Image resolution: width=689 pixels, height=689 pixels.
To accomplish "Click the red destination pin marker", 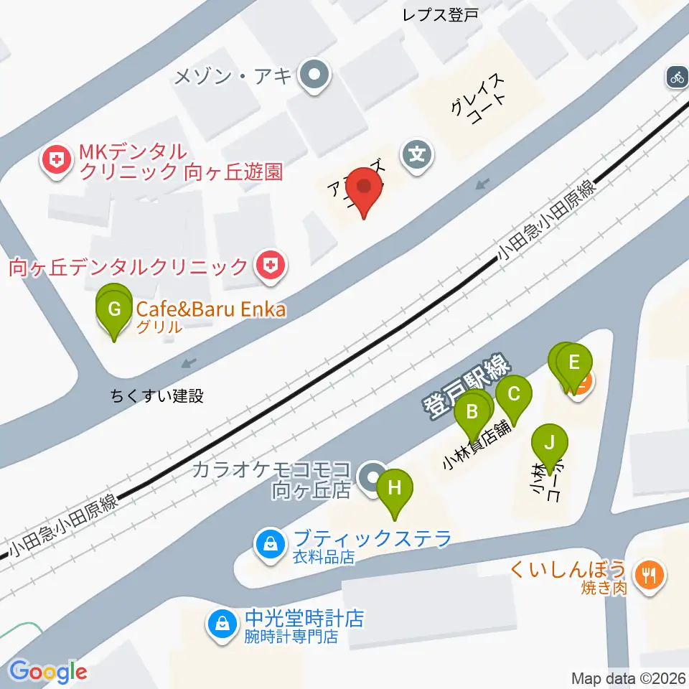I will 365,189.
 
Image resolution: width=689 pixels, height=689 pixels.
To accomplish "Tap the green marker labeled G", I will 114,311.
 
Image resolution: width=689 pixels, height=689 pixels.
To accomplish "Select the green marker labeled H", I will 395,490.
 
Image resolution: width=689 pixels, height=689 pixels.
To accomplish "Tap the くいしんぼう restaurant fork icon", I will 649,574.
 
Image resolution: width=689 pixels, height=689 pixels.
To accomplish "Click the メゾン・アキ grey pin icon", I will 314,75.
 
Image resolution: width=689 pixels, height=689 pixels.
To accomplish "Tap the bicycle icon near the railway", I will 677,76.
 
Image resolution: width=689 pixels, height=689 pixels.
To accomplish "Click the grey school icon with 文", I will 417,153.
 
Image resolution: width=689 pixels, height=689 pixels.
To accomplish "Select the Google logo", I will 49,672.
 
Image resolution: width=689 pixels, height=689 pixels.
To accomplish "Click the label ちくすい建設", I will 157,395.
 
